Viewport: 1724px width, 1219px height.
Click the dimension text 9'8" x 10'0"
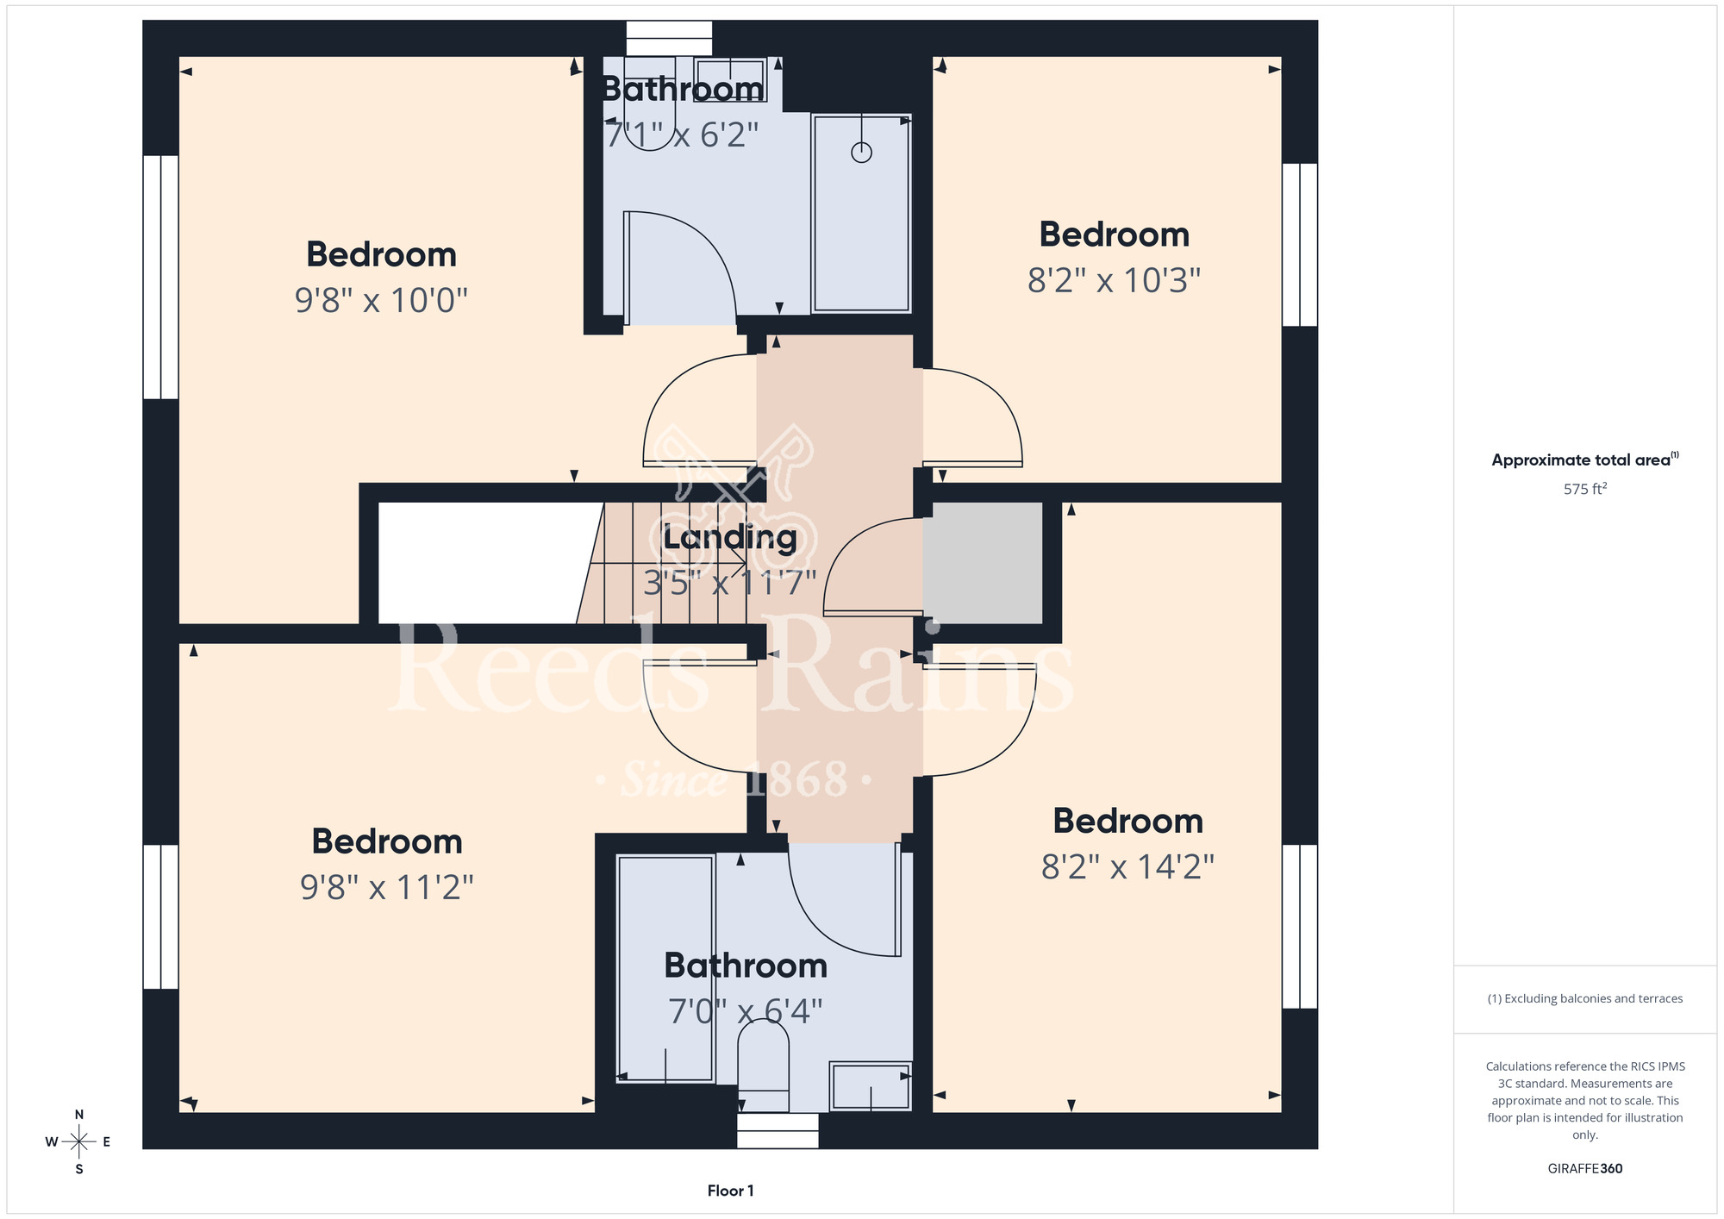tap(381, 300)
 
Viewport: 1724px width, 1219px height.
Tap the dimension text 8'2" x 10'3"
tap(1114, 280)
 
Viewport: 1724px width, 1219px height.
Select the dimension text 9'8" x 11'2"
tap(387, 887)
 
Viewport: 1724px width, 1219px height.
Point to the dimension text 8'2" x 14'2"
tap(1127, 866)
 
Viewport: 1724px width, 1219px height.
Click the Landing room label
tap(730, 538)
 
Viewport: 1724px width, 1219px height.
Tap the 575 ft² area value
tap(1585, 489)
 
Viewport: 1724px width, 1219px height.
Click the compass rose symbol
tap(79, 1142)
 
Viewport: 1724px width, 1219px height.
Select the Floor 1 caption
tap(730, 1191)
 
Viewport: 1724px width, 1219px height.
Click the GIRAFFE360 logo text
tap(1585, 1169)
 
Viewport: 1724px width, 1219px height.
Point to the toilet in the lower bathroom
tap(764, 1066)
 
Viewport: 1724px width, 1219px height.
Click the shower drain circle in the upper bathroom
tap(861, 153)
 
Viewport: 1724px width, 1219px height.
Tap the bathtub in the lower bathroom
tap(666, 968)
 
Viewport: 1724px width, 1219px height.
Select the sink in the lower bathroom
tap(871, 1086)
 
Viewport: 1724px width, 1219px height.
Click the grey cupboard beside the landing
tap(983, 563)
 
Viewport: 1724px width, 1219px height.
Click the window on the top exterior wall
tap(669, 39)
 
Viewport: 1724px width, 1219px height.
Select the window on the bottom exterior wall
tap(778, 1130)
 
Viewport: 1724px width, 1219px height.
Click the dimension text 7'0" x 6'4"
tap(746, 1011)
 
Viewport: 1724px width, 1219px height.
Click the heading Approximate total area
tap(1581, 460)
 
